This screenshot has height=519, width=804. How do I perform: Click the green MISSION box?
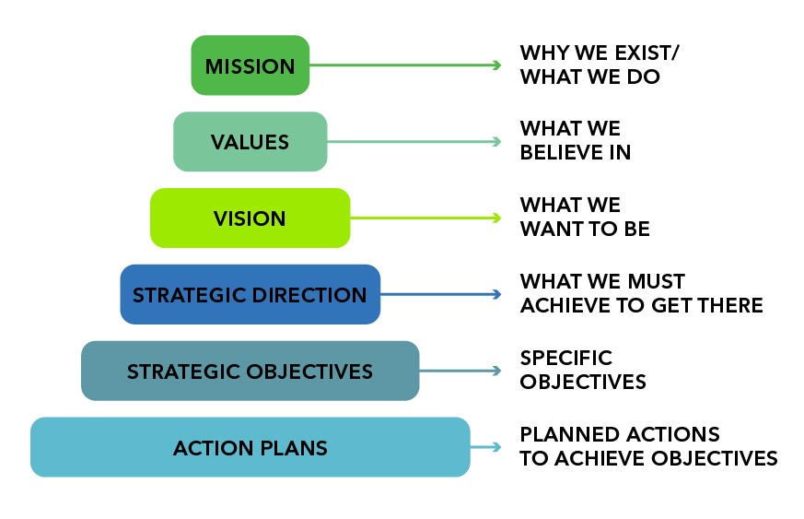pyautogui.click(x=251, y=65)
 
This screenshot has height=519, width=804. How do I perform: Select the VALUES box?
pyautogui.click(x=251, y=142)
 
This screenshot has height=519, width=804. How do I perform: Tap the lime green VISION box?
pyautogui.click(x=251, y=218)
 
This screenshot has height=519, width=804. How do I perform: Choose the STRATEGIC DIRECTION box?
pyautogui.click(x=251, y=294)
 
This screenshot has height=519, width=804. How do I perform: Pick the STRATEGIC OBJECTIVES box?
pyautogui.click(x=251, y=371)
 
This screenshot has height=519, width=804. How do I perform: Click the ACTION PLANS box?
pyautogui.click(x=251, y=447)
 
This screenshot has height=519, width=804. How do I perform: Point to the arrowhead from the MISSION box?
pyautogui.click(x=497, y=65)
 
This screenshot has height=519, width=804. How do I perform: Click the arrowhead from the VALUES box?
pyautogui.click(x=497, y=142)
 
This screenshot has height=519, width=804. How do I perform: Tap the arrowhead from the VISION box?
pyautogui.click(x=497, y=218)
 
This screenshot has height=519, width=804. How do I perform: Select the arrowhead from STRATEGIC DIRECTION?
pyautogui.click(x=497, y=294)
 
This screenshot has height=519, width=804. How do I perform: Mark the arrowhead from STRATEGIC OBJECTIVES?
pyautogui.click(x=497, y=371)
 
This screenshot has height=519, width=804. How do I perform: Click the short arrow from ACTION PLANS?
pyautogui.click(x=485, y=447)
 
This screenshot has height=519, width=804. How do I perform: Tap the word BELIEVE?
pyautogui.click(x=561, y=152)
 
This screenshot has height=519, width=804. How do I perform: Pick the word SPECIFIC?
pyautogui.click(x=566, y=358)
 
